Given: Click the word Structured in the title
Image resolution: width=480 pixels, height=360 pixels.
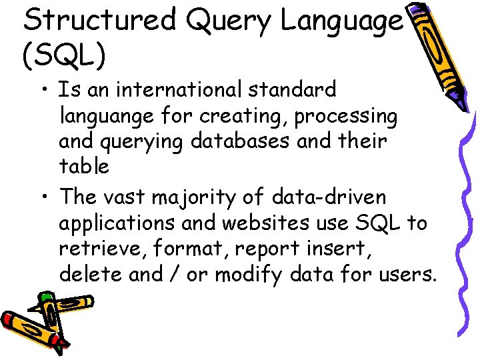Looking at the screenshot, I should [x=99, y=21].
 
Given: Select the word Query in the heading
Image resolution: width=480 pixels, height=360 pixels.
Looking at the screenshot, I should [x=228, y=21].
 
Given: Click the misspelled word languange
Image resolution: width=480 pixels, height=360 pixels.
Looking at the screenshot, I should [x=106, y=117].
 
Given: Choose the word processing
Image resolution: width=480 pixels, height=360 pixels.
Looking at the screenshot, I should [x=346, y=117].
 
